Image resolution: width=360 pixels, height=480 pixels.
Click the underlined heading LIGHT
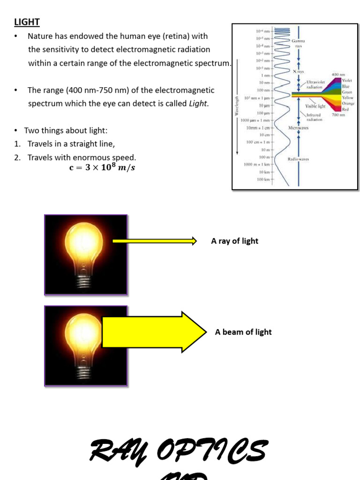click(27, 22)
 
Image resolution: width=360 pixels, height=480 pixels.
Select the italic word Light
click(198, 103)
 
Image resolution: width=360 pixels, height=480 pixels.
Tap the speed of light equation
click(102, 168)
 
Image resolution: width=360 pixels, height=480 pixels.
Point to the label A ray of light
click(234, 241)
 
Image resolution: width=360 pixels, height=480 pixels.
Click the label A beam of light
click(243, 332)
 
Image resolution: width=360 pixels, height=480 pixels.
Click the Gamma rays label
click(298, 44)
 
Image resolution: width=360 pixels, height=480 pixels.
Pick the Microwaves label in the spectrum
click(299, 127)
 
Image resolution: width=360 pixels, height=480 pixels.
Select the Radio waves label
click(298, 159)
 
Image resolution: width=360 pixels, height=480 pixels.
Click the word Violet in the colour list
click(347, 81)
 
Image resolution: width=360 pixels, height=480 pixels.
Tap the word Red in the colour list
click(345, 109)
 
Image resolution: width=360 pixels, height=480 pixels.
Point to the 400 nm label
click(338, 75)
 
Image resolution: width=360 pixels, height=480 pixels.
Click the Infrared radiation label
click(315, 117)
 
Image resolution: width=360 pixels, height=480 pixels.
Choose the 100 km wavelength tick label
click(264, 180)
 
